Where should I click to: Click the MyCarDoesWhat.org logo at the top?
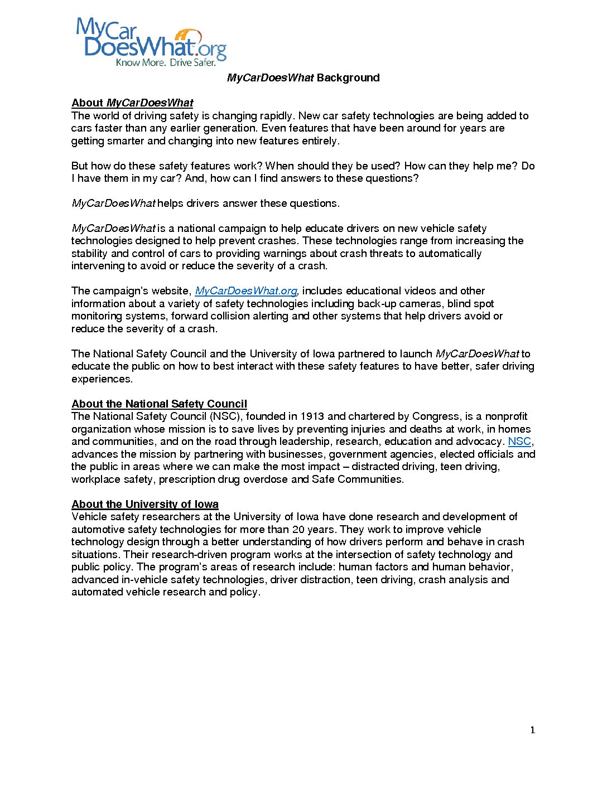pos(151,40)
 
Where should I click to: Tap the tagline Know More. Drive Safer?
pos(165,62)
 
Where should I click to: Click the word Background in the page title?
pos(348,78)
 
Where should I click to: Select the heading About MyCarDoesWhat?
pos(132,103)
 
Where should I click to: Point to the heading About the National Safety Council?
pos(159,404)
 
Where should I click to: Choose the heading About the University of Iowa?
pos(144,505)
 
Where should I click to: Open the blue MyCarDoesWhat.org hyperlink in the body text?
pos(246,291)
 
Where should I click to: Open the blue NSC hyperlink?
pos(519,442)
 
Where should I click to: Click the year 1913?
pos(312,416)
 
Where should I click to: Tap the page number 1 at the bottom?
pos(533,730)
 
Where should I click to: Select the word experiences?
pos(102,379)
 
